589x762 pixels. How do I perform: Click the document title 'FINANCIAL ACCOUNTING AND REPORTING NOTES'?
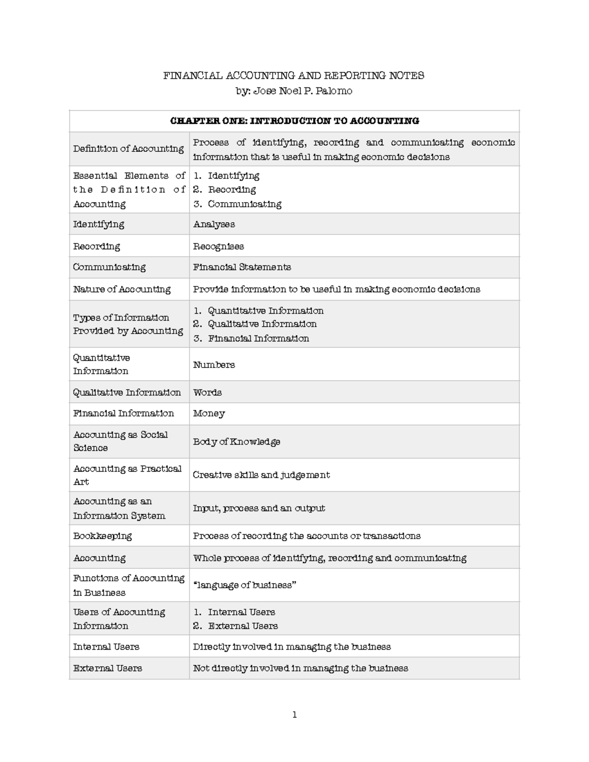[294, 76]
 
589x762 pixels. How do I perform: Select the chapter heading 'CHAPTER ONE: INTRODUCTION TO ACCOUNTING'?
[294, 121]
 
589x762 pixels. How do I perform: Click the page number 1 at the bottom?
[294, 715]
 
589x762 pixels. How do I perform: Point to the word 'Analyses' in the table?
[214, 224]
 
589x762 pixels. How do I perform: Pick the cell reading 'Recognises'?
[218, 246]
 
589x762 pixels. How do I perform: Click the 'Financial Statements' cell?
[242, 267]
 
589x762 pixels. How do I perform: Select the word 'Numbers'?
[214, 365]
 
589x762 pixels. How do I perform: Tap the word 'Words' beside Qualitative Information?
[207, 393]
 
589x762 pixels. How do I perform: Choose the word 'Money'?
[209, 414]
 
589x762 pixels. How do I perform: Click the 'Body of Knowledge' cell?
[237, 442]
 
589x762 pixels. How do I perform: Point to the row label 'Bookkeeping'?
[103, 536]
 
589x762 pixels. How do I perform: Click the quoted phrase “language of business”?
[244, 585]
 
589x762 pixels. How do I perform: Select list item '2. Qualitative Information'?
[255, 324]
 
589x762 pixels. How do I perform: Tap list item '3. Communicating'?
[238, 204]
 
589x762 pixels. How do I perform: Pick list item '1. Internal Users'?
[234, 612]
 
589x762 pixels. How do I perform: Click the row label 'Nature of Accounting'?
[122, 289]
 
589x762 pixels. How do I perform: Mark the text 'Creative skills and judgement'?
[261, 475]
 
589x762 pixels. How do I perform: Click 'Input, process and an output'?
[259, 508]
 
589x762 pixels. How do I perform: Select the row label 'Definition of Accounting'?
[128, 149]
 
